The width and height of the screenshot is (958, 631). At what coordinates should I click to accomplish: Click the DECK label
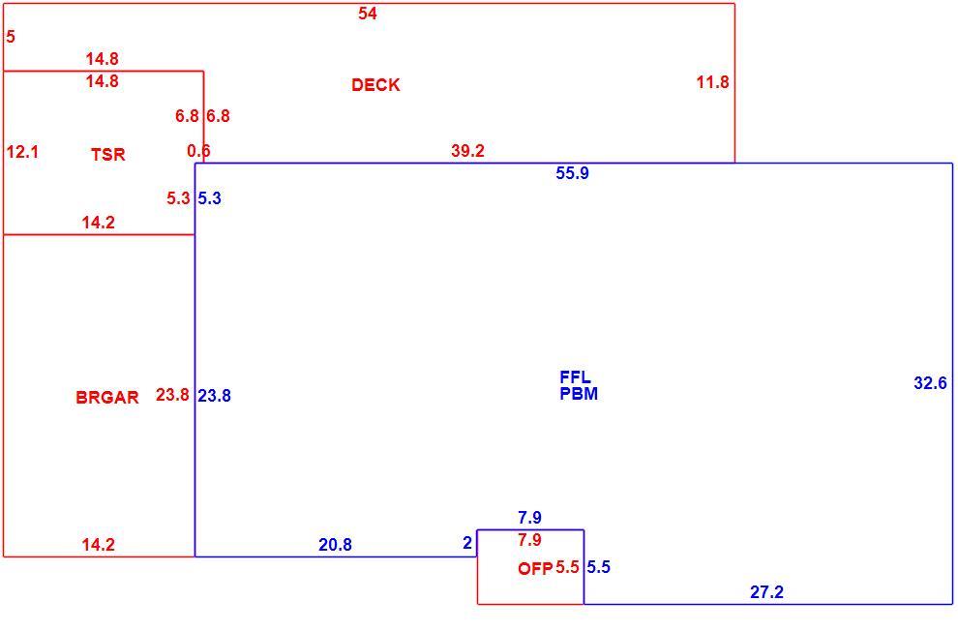point(375,85)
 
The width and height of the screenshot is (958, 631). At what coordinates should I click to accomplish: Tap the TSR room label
point(108,155)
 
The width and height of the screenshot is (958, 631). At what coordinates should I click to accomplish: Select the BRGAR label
point(107,398)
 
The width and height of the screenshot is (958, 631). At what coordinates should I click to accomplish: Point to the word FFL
point(575,376)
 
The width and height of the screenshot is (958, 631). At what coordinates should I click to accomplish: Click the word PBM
point(579,394)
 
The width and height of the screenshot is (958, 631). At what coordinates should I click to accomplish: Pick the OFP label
point(534,569)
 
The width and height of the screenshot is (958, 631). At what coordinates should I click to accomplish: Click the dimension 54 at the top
point(367,14)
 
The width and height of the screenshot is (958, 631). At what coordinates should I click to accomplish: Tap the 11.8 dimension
point(712,82)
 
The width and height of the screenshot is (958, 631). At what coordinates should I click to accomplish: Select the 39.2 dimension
point(468,151)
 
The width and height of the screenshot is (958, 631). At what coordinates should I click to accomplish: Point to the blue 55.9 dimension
point(573,173)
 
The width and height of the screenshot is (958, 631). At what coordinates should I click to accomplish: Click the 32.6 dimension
point(930,383)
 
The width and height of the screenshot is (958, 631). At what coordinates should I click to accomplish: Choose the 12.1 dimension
point(22,152)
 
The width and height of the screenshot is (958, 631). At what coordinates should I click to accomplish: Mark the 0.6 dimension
point(198,150)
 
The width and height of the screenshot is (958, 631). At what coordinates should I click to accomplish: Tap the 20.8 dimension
point(335,544)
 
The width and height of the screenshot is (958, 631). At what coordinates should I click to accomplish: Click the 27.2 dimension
point(766,592)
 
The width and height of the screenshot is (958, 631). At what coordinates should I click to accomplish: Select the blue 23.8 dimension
point(214,396)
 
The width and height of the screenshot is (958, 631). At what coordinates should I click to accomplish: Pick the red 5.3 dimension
point(178,198)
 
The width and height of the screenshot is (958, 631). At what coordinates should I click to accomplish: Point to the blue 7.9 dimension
point(529,518)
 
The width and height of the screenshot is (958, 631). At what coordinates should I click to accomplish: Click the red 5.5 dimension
point(567,567)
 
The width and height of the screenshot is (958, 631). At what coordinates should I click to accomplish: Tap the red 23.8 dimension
point(172,395)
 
